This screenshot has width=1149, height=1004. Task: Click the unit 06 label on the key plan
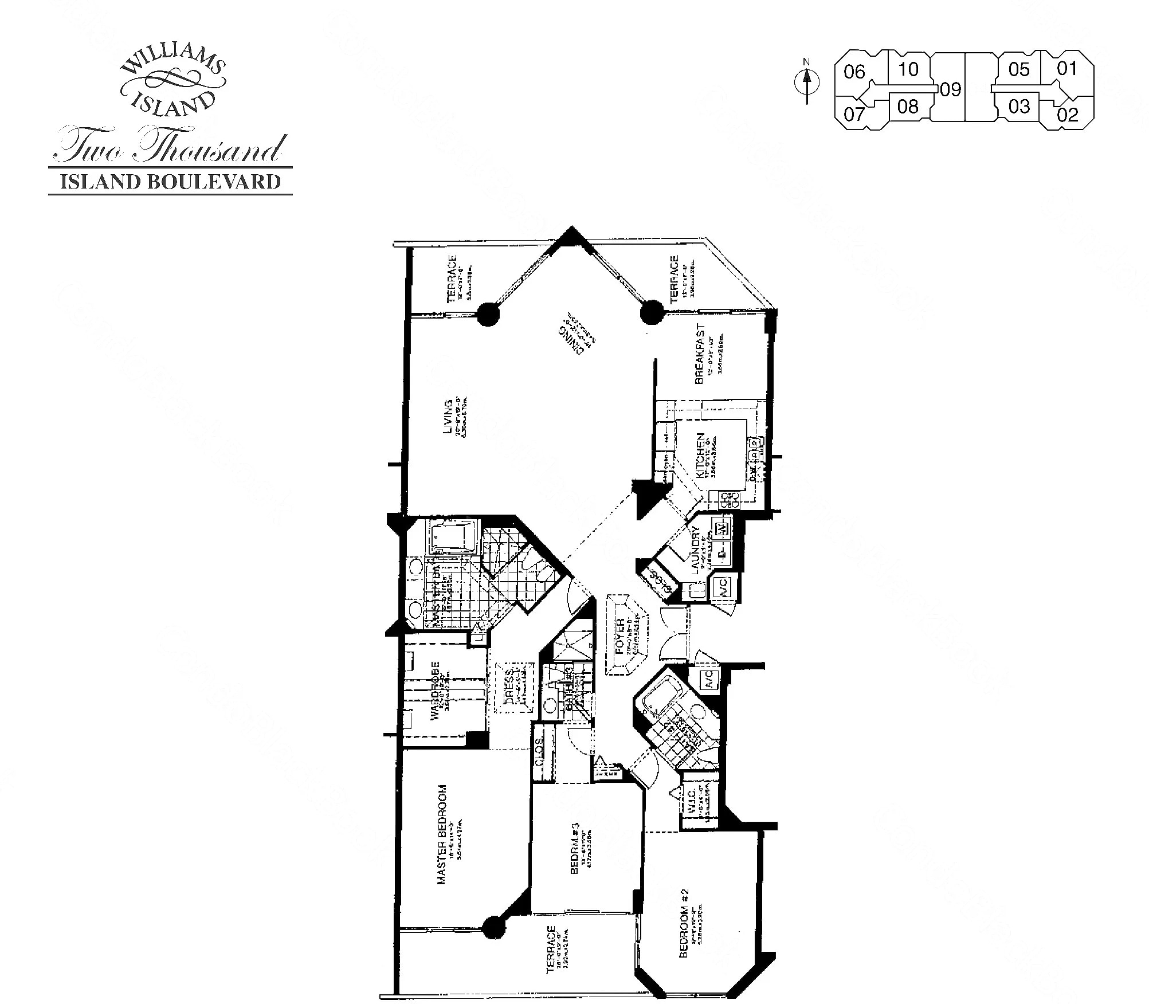tap(854, 72)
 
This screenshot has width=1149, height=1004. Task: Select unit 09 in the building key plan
tap(950, 89)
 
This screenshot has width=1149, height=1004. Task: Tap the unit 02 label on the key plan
tap(1068, 115)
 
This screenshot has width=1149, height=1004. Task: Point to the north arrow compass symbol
tap(807, 83)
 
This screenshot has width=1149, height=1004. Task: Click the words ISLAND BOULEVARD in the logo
tap(170, 182)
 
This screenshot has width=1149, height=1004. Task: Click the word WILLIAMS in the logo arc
tap(172, 63)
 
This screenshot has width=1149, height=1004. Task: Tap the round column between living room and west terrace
tap(488, 313)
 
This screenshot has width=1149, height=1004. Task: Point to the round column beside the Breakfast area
tap(651, 313)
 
